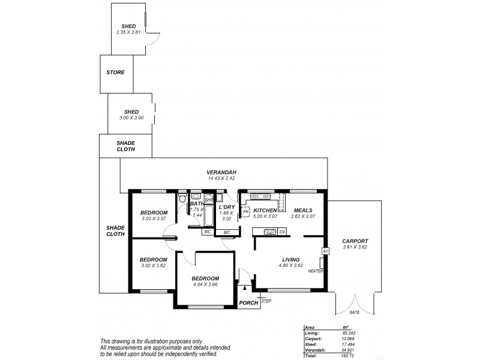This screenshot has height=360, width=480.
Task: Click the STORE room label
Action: pos(115,73)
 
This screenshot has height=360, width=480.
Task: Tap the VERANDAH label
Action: pos(221,172)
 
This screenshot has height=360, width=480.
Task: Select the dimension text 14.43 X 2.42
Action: pos(221,178)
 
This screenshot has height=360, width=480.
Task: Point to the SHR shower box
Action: pos(209,199)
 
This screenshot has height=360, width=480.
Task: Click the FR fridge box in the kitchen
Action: pos(245,212)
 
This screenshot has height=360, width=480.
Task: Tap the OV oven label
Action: pos(282,232)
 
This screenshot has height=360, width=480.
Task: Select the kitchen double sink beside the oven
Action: pos(269,232)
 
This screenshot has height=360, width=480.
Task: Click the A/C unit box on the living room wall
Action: pos(325,251)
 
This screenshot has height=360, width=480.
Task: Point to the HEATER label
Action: pos(316,271)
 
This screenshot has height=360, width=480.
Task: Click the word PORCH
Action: pos(248,303)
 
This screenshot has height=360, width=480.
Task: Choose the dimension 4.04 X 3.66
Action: pos(205,285)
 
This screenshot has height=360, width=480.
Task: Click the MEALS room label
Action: pos(302,210)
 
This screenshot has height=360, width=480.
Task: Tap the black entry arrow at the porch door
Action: pos(244,289)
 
